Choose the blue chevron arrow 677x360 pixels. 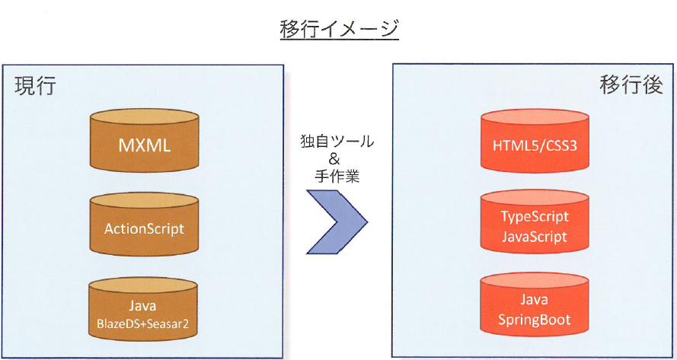[x=337, y=221]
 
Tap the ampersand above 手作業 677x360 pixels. [x=337, y=160]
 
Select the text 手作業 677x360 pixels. [x=337, y=178]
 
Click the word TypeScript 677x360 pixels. [x=535, y=217]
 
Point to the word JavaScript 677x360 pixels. [x=535, y=237]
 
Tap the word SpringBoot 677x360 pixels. [x=535, y=320]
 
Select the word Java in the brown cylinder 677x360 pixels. [x=143, y=305]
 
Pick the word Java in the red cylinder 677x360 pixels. [x=535, y=301]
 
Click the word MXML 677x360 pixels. [x=143, y=143]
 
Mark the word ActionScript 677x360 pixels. [x=143, y=228]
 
